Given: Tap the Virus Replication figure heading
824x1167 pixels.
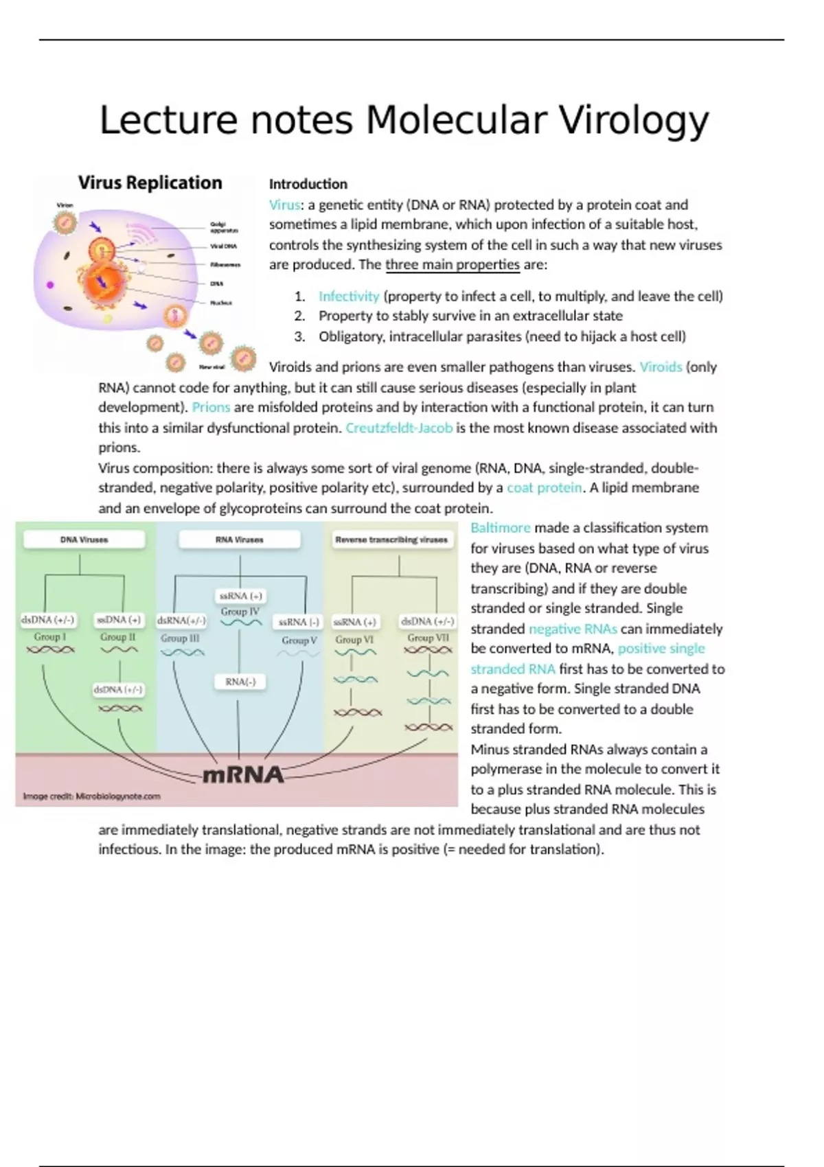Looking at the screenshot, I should click(x=150, y=183).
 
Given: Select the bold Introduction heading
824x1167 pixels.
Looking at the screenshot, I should click(x=308, y=184).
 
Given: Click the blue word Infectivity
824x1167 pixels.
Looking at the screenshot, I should click(x=349, y=297).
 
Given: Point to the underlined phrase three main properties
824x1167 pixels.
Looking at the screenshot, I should click(x=453, y=265).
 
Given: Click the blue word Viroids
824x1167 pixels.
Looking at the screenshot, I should click(x=661, y=367).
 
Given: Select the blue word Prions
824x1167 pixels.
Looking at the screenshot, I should click(x=211, y=407).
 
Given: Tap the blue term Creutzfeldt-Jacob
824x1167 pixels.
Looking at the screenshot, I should click(x=399, y=428).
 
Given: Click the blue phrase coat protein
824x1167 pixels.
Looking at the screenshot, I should click(x=544, y=488).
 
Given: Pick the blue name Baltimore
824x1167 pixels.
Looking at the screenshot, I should click(x=501, y=528).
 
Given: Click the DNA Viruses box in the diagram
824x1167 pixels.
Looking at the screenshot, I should click(x=84, y=540).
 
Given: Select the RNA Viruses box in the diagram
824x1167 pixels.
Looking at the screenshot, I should click(x=239, y=540).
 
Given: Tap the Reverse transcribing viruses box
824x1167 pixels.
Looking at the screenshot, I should click(x=391, y=540).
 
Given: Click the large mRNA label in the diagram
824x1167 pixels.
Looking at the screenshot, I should click(x=243, y=775).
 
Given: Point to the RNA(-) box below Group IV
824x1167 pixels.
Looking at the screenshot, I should click(x=240, y=682).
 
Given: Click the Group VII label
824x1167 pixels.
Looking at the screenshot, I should click(x=428, y=638).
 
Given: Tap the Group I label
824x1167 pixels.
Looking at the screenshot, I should click(x=50, y=637).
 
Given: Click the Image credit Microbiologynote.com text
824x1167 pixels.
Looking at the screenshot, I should click(x=91, y=796).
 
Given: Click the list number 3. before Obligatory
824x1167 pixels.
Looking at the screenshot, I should click(x=299, y=336).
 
